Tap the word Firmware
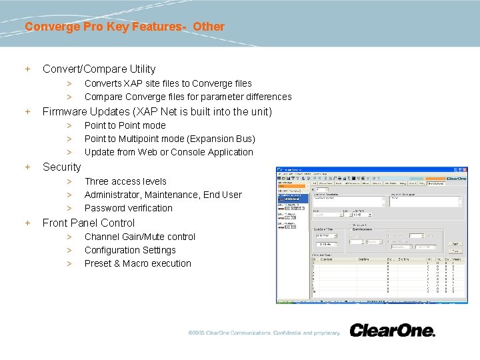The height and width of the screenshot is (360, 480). coord(65,111)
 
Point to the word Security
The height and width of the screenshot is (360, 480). coord(61,167)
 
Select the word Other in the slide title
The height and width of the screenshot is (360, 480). coord(209,27)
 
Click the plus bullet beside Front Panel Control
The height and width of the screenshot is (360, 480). coord(28,223)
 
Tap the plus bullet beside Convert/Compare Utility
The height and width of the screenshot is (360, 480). coord(28,69)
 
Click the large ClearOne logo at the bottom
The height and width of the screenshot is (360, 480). coord(392,331)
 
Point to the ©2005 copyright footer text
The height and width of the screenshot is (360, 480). coord(264,333)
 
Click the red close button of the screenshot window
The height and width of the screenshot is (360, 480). coord(465,169)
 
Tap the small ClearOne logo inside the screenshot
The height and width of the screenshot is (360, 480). coord(456,179)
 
